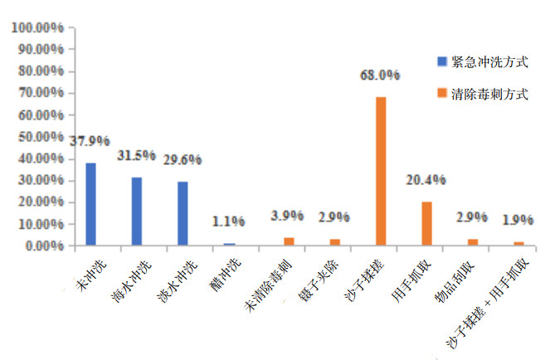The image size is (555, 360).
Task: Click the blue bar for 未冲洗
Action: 90,204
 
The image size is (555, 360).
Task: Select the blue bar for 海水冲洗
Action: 136,212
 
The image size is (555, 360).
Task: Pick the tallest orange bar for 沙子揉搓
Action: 381,171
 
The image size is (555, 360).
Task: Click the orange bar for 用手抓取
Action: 426,223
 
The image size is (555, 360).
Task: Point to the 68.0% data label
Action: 380,75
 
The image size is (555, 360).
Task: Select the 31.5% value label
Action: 137,155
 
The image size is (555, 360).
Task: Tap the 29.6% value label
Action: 183,159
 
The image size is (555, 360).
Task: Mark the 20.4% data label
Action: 426,179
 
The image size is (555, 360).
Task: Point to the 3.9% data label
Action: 288,216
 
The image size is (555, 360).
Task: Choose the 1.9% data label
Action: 518,220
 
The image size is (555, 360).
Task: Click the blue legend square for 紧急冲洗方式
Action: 442,61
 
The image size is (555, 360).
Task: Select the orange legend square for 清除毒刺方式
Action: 442,95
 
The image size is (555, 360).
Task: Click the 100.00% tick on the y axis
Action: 37,27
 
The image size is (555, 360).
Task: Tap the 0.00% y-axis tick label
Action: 43,246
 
